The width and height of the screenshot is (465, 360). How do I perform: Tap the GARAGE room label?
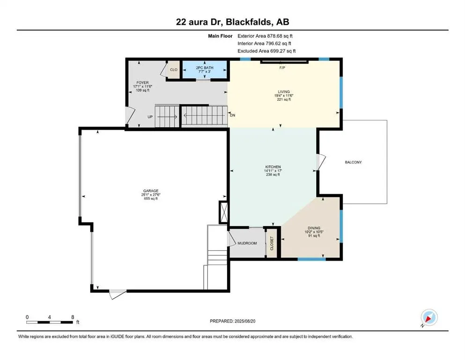point(150,191)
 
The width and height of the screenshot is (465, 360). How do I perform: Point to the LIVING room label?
point(283,92)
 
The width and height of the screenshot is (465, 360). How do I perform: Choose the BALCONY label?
point(353,162)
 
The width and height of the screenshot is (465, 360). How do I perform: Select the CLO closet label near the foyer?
point(173,70)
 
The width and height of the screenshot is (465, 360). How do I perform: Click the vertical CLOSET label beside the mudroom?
point(272,243)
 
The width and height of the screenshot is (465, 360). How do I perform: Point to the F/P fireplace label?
point(282,68)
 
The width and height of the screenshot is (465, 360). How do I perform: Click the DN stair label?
point(232,115)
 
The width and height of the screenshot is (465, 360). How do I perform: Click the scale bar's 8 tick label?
point(72,317)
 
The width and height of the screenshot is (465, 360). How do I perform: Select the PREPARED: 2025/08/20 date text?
point(232,321)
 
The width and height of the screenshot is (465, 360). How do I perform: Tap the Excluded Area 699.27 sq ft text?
point(266,51)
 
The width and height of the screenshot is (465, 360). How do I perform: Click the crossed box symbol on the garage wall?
point(223,211)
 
